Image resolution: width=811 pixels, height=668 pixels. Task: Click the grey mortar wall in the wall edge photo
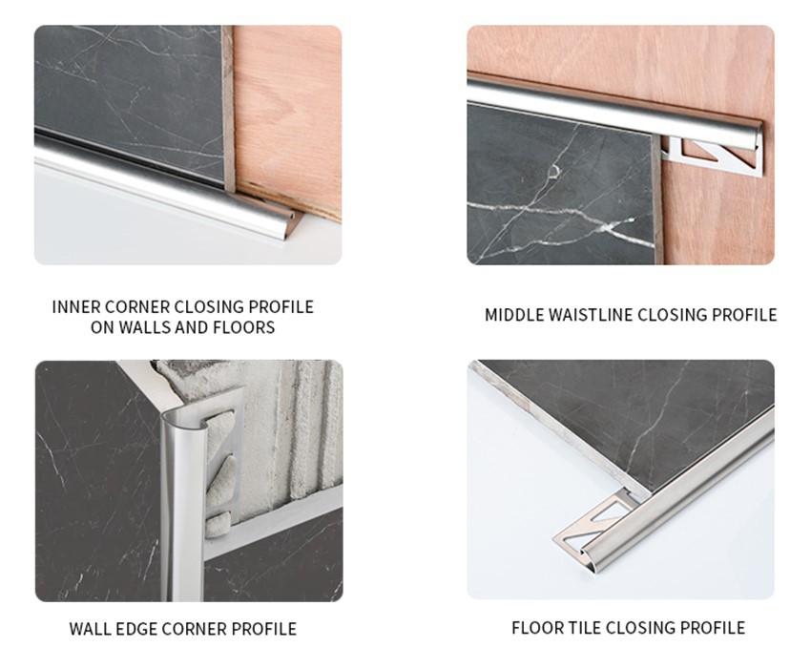click(286, 429)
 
